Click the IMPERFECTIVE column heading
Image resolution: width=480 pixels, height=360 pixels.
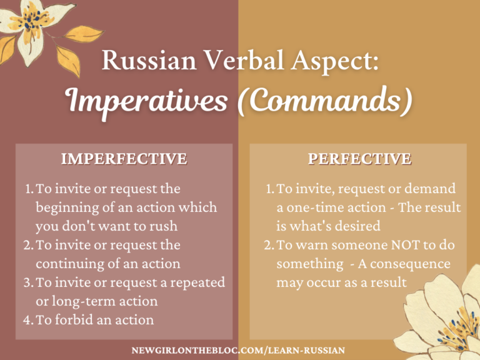[124, 159]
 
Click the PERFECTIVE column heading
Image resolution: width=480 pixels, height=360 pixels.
[359, 159]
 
